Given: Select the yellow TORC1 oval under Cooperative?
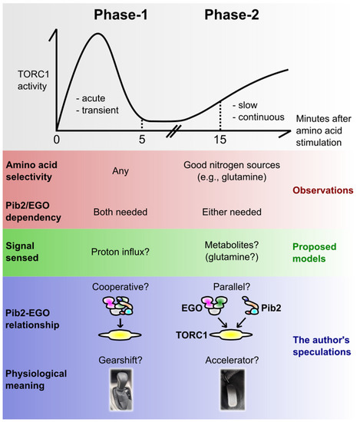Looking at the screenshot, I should coord(124,334).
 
